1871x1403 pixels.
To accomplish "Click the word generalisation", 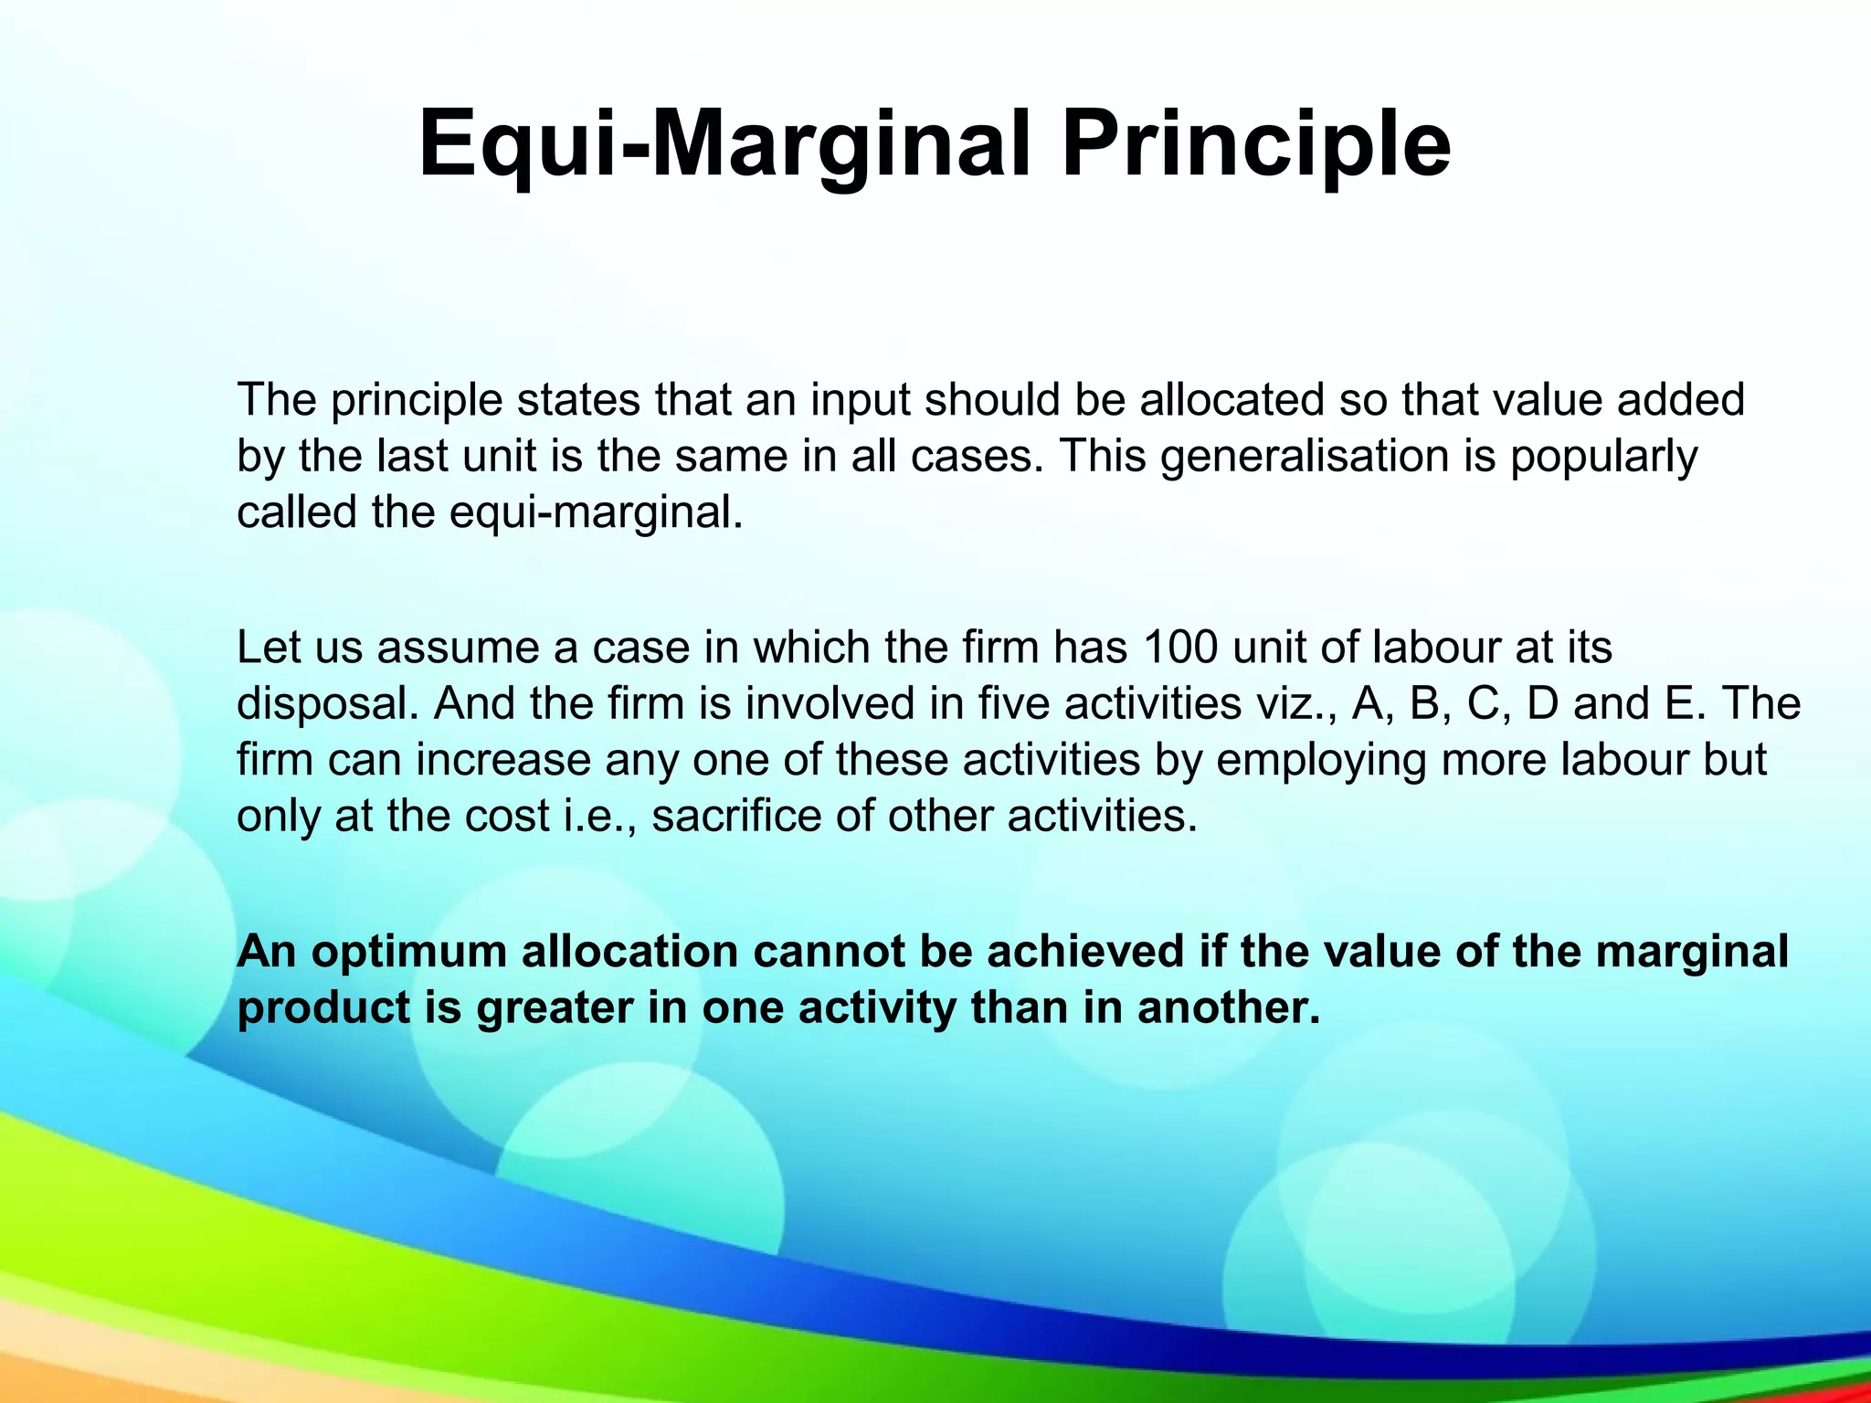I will pyautogui.click(x=1305, y=456).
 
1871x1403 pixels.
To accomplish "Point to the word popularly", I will pyautogui.click(x=1603, y=456).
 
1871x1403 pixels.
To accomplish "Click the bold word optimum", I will pyautogui.click(x=408, y=952).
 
